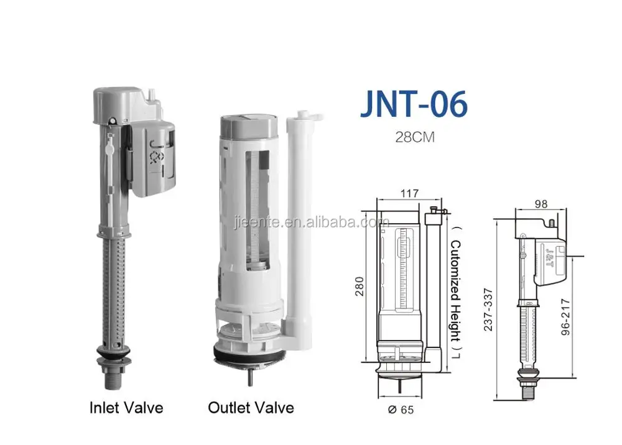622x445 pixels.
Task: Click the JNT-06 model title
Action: coord(414,106)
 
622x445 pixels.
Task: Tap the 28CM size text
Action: coord(414,137)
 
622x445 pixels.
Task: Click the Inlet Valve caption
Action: coord(126,408)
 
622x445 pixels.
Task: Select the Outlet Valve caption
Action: coord(251,408)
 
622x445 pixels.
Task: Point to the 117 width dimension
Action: coord(409,193)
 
